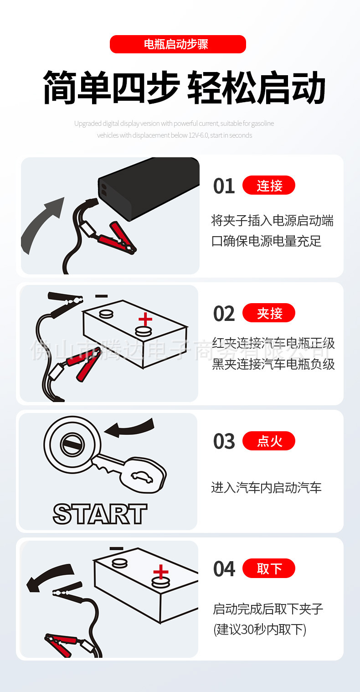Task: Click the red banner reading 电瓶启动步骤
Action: click(x=178, y=44)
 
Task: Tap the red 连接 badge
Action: click(x=269, y=186)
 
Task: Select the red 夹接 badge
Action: click(x=269, y=313)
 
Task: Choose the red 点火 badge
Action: click(x=269, y=441)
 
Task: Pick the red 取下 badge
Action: click(x=269, y=568)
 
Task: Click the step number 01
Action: click(x=224, y=186)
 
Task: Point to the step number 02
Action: click(x=224, y=314)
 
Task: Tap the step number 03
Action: click(x=224, y=442)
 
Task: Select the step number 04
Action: click(x=224, y=569)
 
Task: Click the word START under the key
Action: click(x=100, y=514)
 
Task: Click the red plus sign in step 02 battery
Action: click(x=145, y=319)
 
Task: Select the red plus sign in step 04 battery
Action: click(x=160, y=572)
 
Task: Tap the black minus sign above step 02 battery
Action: click(x=102, y=296)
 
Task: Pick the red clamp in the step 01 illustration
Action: click(x=116, y=237)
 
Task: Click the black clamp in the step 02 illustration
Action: click(x=66, y=301)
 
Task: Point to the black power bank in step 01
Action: click(x=150, y=187)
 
